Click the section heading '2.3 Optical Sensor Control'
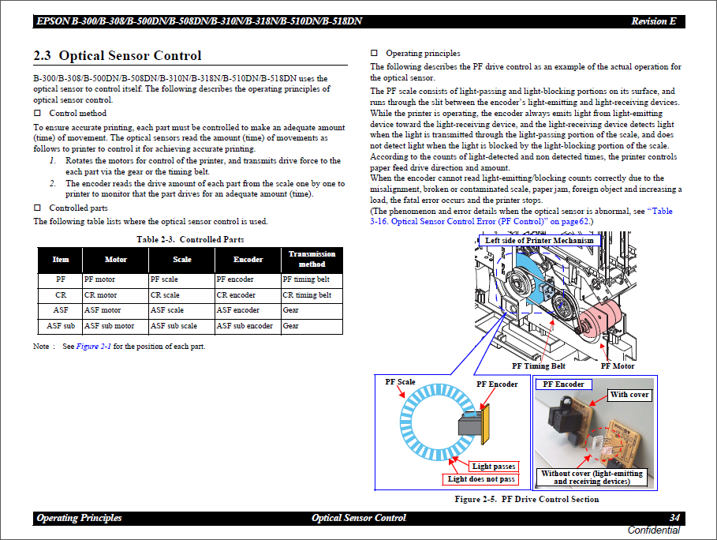click(x=117, y=56)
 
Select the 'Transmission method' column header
click(x=312, y=259)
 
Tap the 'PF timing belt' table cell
click(x=306, y=279)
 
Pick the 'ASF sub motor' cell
click(x=109, y=325)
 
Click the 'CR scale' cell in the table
click(x=165, y=295)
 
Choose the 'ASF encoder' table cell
click(x=237, y=310)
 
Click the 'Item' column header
click(x=61, y=259)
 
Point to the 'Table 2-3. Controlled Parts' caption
click(x=190, y=239)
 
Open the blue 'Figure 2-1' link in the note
click(x=93, y=347)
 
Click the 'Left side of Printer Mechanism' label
click(x=540, y=240)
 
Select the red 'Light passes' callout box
click(x=494, y=467)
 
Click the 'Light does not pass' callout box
click(x=481, y=479)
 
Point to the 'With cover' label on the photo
click(x=629, y=394)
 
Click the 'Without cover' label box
click(x=592, y=478)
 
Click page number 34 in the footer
click(x=674, y=518)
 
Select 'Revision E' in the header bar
click(x=653, y=21)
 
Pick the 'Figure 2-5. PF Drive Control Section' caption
click(x=526, y=499)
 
